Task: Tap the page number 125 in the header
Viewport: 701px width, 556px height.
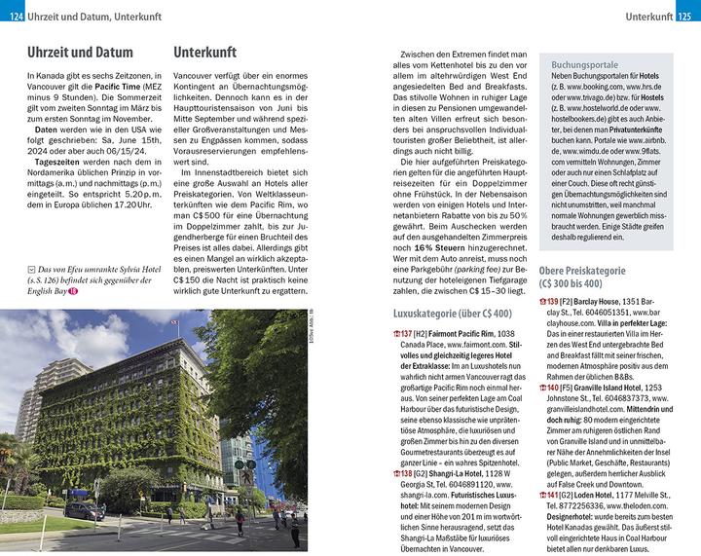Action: pos(685,18)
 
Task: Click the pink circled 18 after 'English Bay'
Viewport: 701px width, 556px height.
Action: pos(72,289)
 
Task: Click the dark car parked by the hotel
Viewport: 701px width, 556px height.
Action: pos(84,510)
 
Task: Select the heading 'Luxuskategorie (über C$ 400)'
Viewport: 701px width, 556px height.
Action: pos(452,313)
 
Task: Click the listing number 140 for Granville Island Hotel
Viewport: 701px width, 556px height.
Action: pos(551,415)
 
